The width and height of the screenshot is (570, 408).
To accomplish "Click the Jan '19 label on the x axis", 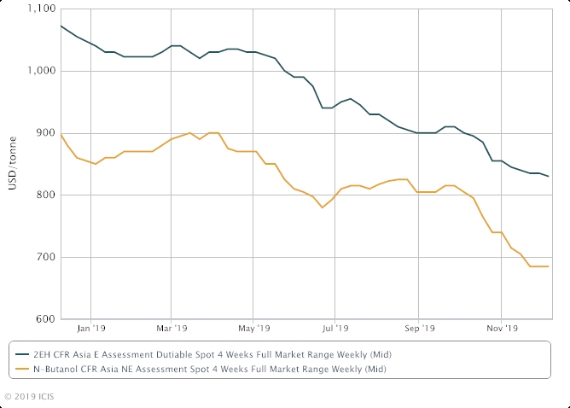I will tap(91, 327).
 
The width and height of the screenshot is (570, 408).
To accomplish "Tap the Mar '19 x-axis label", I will tap(173, 327).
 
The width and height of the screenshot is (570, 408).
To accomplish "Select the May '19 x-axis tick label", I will tap(253, 327).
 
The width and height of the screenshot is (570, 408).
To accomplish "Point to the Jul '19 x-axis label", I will tap(335, 327).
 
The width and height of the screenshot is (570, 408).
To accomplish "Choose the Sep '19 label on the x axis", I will tap(418, 327).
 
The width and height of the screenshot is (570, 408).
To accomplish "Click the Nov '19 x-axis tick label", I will tap(502, 327).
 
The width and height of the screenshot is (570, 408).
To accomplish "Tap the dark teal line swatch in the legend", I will tap(20, 354).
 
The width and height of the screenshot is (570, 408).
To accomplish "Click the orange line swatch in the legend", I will tap(20, 369).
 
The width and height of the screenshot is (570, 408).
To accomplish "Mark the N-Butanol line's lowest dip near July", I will tap(322, 207).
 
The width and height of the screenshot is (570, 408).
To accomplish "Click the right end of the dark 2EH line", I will tap(548, 176).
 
